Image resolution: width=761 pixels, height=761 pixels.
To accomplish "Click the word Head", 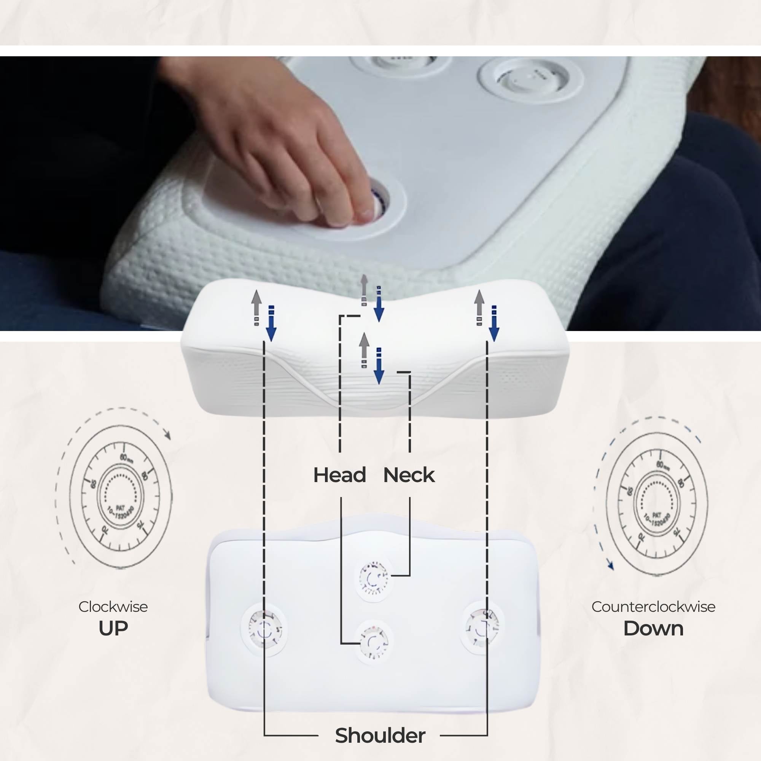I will coord(339,475).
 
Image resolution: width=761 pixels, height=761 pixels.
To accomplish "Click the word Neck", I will coord(409,475).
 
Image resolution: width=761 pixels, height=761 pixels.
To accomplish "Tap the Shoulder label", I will coord(380,736).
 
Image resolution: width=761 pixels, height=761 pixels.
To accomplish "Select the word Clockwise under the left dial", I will coord(113,607).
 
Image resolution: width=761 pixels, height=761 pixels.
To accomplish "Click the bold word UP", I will coord(113,629).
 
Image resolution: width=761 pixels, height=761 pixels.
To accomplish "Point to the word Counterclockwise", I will coord(653,607).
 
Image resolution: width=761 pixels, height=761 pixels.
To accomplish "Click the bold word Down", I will coord(653,629).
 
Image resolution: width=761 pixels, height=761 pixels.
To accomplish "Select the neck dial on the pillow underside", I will coord(373,578).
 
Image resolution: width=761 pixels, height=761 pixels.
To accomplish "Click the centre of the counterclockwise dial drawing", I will coord(657,504).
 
